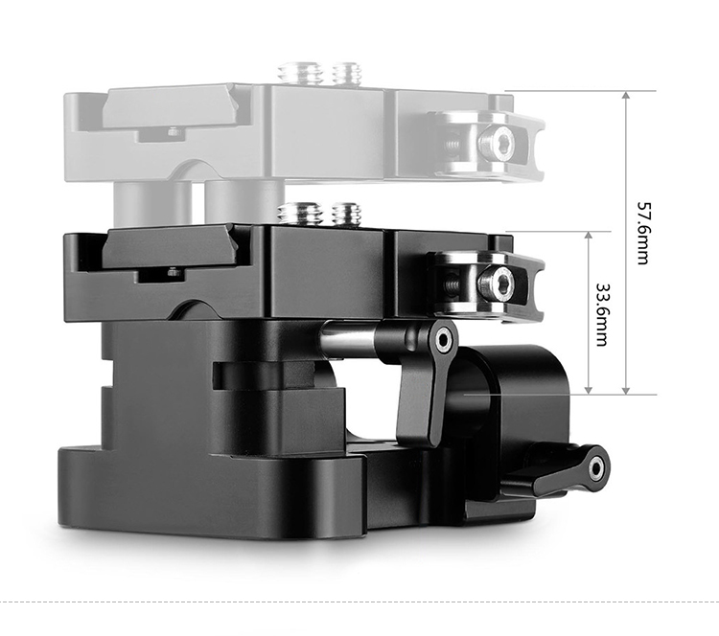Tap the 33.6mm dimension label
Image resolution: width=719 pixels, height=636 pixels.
[x=602, y=314]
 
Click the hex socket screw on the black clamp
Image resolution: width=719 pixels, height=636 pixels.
[x=495, y=282]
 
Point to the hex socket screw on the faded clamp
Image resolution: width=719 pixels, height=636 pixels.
[x=495, y=141]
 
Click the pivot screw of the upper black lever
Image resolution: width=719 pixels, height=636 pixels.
[x=443, y=340]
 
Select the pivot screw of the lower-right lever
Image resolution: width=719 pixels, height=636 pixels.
[x=596, y=468]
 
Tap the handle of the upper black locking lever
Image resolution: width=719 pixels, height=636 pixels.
[x=420, y=403]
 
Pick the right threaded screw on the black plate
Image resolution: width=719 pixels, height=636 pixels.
[x=347, y=214]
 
